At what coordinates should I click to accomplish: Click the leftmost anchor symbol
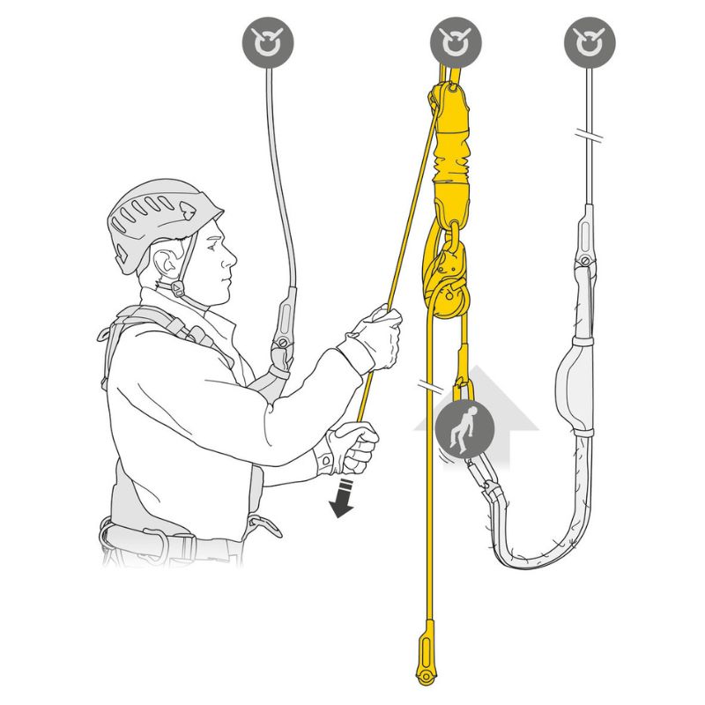click(x=268, y=41)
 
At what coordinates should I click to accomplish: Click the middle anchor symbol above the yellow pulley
click(x=456, y=41)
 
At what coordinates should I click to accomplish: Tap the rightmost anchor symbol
click(x=590, y=41)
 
